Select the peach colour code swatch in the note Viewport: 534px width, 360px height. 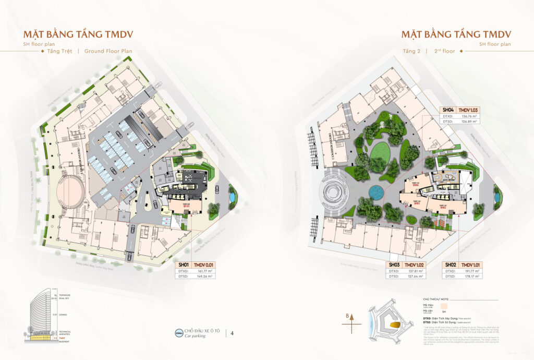pyautogui.click(x=444, y=305)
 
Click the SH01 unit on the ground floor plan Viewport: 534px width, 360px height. pyautogui.click(x=185, y=206)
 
